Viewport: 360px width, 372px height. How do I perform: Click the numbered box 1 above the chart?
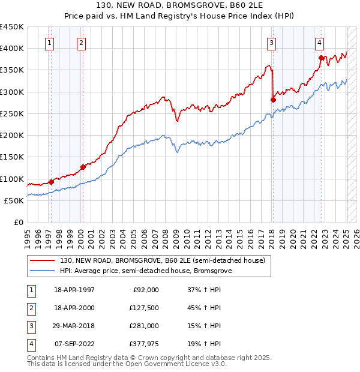tap(49, 43)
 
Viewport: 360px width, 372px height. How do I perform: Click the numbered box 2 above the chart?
tap(80, 43)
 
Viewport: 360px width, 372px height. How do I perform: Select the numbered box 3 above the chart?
tap(271, 43)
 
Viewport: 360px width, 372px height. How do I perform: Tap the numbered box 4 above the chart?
tap(319, 43)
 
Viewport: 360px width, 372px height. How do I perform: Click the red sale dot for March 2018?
tap(273, 100)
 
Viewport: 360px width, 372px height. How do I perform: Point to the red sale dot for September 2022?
tap(321, 58)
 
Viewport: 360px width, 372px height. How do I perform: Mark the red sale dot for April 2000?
tap(83, 167)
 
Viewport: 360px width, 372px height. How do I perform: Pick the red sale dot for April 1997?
tap(51, 182)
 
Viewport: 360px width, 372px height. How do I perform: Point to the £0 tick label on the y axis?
tap(18, 223)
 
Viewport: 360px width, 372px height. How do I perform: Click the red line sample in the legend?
tap(43, 260)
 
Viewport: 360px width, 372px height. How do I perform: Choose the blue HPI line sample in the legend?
tap(43, 271)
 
